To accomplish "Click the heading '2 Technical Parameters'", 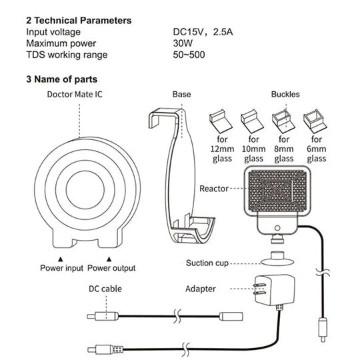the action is (x=79, y=21).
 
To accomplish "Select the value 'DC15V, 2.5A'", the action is (x=203, y=32).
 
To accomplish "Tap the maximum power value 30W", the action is (x=183, y=43).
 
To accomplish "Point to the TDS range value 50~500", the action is (x=189, y=55).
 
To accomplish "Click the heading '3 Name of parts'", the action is (x=61, y=79).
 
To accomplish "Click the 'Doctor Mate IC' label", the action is (x=75, y=95).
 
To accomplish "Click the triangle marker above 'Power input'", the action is (x=61, y=259).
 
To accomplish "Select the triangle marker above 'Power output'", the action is (x=109, y=259).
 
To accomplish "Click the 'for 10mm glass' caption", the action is (x=253, y=149).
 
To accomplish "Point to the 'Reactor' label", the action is (x=214, y=189).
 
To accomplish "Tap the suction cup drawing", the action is (x=277, y=259).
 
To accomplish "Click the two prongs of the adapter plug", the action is (x=259, y=289).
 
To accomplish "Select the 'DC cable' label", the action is (x=105, y=289).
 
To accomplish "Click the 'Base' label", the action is (x=181, y=95).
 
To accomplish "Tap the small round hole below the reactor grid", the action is (x=277, y=228).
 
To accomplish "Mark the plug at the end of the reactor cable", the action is (x=323, y=329).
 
